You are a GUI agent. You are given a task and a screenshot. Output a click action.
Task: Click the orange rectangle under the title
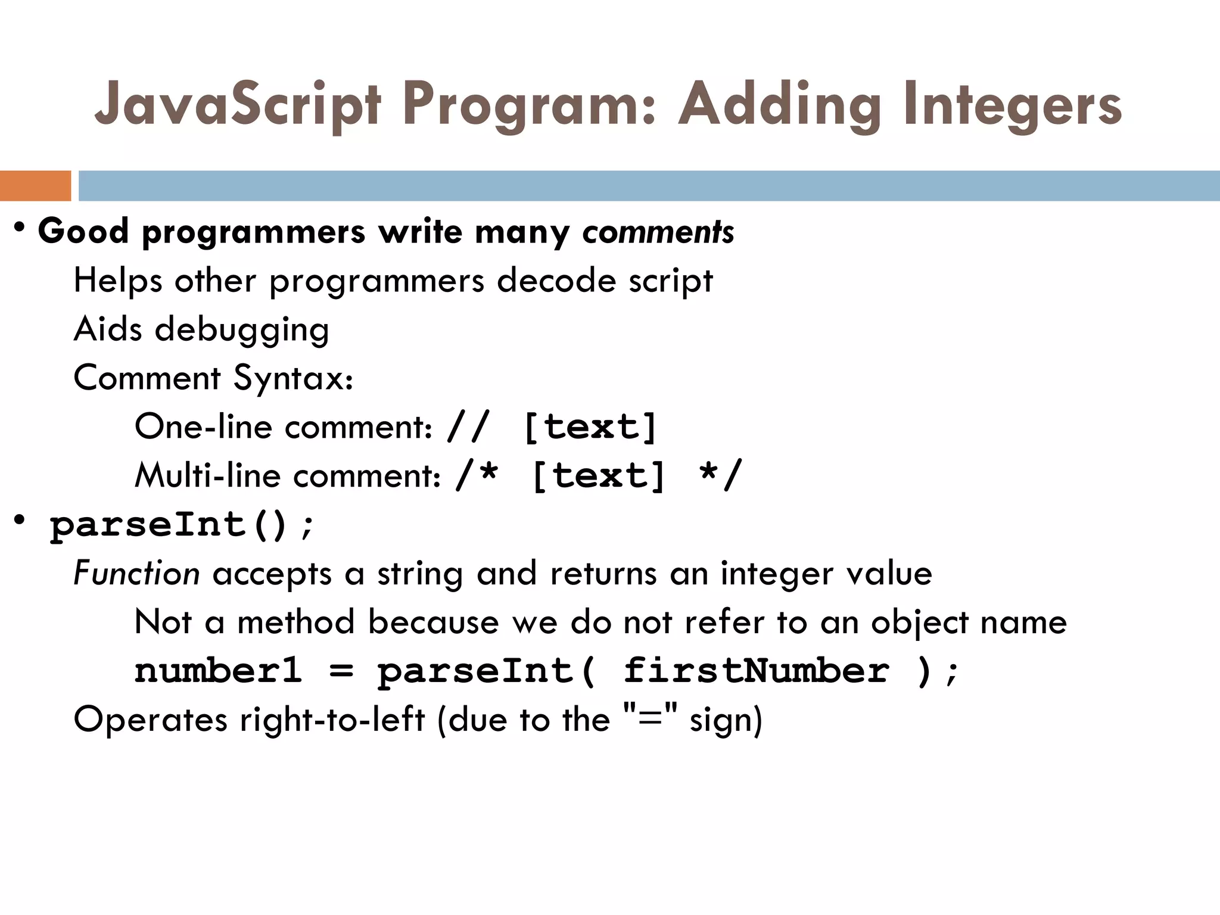click(x=35, y=186)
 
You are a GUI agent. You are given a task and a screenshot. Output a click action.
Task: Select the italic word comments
click(x=658, y=232)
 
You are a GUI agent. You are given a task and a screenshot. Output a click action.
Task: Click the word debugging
click(x=242, y=329)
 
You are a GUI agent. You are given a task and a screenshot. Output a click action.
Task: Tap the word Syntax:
click(x=293, y=378)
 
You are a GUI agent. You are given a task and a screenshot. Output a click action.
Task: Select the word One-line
click(x=203, y=427)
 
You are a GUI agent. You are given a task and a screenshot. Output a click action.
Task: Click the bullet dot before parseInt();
click(x=20, y=520)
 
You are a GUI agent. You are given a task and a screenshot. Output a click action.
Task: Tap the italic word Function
click(x=136, y=574)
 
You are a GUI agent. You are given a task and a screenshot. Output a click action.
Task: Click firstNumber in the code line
click(x=756, y=671)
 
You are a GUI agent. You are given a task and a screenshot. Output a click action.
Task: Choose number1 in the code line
click(x=218, y=671)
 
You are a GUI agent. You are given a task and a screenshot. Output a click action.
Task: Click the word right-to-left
click(x=332, y=720)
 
